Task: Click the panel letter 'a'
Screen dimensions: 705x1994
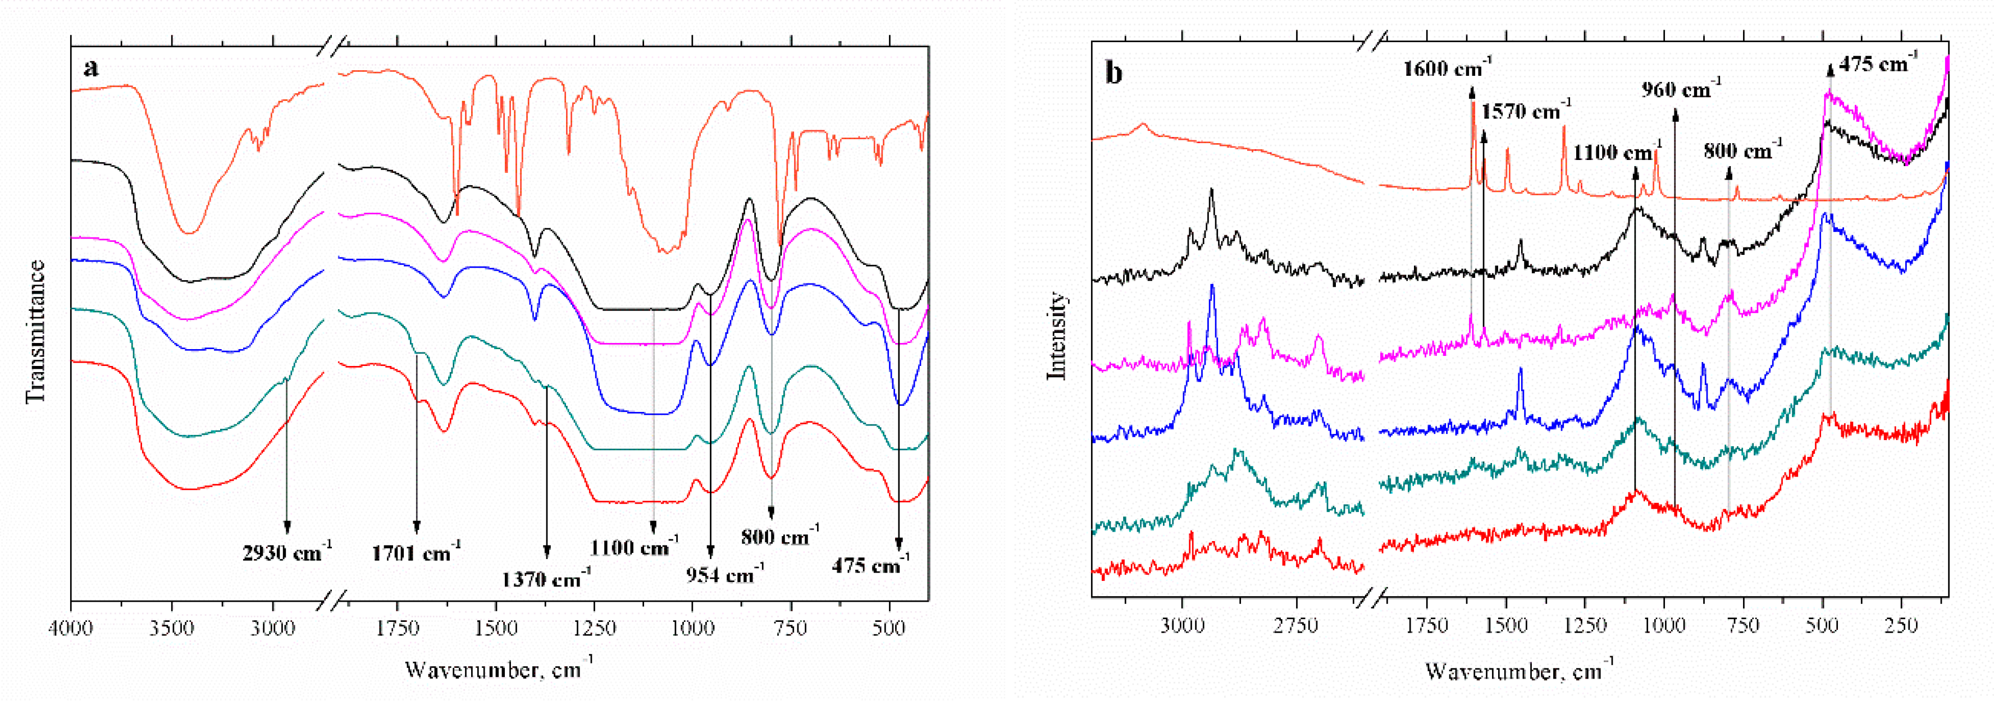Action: tap(92, 68)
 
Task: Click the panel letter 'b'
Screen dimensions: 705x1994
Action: tap(1114, 73)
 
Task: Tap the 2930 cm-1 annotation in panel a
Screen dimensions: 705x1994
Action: tap(286, 552)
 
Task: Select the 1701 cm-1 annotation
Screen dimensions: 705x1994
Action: tap(416, 552)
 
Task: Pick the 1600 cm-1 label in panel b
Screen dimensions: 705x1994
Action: tap(1447, 68)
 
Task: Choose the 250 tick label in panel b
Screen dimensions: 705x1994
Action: tap(1901, 625)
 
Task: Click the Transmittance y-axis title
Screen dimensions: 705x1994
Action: tap(35, 331)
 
